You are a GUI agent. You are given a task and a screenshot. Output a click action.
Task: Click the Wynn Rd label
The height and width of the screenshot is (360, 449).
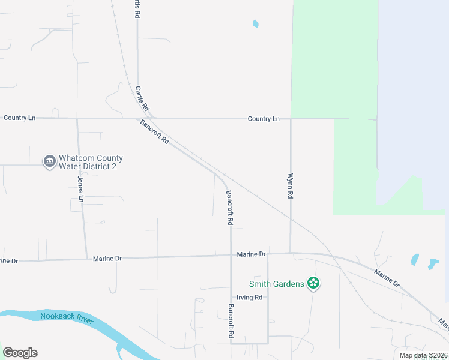point(291,187)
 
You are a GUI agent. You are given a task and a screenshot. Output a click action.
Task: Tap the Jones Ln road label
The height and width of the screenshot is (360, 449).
point(80,187)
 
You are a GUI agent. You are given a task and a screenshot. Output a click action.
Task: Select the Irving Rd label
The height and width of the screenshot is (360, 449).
point(250,297)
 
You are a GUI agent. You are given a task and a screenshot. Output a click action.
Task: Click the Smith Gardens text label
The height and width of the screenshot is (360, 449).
point(277,284)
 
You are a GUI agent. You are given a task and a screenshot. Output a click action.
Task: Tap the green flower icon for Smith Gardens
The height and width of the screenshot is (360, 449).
point(313,283)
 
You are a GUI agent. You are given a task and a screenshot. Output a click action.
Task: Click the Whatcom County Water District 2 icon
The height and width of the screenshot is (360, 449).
point(49,161)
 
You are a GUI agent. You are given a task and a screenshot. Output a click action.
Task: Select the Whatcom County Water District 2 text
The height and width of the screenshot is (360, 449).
point(91,162)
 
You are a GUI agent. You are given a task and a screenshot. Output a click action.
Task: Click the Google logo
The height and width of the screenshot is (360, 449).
point(20,352)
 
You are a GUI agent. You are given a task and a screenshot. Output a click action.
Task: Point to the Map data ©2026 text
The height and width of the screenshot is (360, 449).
point(423,355)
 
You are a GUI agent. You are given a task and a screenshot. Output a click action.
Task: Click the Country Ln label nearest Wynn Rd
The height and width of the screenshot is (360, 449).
point(264,119)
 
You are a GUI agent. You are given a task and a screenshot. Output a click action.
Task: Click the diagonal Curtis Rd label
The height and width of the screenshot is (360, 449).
point(142,98)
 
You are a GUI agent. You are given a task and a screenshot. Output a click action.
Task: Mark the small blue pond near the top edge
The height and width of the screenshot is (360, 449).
point(256,24)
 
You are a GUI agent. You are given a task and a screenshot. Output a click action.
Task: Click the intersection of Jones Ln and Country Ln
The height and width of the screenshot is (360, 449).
point(77,119)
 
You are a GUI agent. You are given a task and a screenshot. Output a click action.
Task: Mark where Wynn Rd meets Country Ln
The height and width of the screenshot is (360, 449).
point(291,119)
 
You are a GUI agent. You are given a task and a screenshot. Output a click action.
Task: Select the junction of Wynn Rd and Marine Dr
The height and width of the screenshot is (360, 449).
point(291,253)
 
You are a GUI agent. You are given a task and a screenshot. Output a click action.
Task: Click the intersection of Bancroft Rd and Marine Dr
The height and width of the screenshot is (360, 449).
point(231,255)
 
